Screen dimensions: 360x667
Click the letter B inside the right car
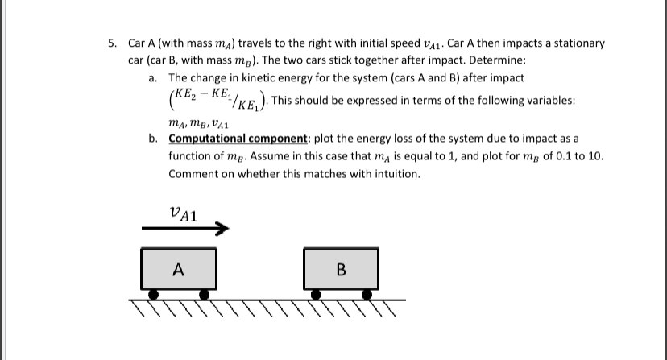coord(341,270)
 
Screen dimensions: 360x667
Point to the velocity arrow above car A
coord(181,229)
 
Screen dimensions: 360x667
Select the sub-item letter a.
coord(153,78)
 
